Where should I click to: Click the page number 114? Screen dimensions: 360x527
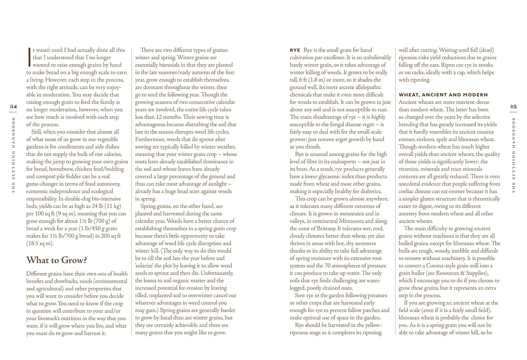click(x=13, y=106)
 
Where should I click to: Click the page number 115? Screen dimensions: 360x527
click(x=513, y=106)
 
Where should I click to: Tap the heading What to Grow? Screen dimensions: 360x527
click(x=57, y=260)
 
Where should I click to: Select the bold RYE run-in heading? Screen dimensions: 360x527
click(x=295, y=50)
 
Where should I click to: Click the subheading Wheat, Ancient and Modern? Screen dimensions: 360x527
click(x=443, y=95)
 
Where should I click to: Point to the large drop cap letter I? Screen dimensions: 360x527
click(x=28, y=57)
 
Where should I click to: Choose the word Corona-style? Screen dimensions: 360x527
click(x=442, y=266)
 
